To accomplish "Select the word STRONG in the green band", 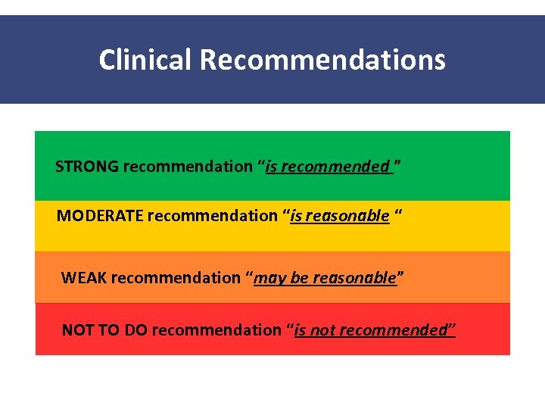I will (87, 167).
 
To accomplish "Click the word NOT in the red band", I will (76, 330).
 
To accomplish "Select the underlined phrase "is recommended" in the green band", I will (328, 167).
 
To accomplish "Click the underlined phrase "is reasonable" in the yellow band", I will (340, 216).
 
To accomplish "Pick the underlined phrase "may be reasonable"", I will (325, 278).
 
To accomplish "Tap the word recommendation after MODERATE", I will (213, 216).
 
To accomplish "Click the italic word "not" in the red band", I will (322, 330).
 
